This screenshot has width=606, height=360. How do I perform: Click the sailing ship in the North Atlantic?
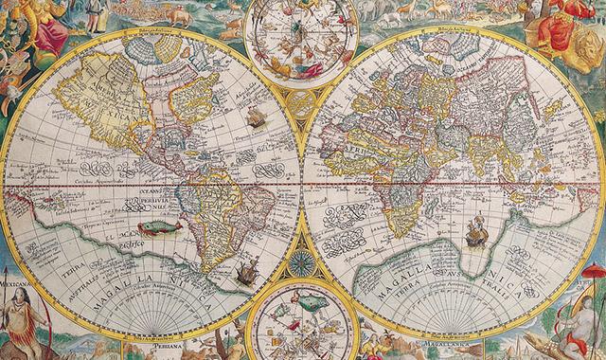(255, 117)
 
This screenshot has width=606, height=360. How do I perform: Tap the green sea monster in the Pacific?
(158, 227)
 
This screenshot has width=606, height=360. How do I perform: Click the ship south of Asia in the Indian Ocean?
(476, 230)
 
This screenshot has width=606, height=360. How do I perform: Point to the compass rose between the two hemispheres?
(301, 265)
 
